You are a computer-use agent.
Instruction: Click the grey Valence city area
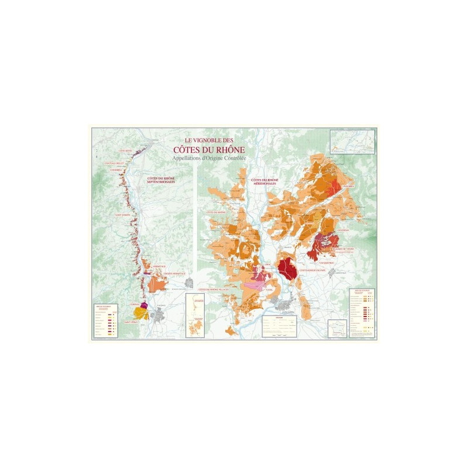pyautogui.click(x=160, y=316)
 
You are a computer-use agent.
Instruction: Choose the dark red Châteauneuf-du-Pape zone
pyautogui.click(x=287, y=269)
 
